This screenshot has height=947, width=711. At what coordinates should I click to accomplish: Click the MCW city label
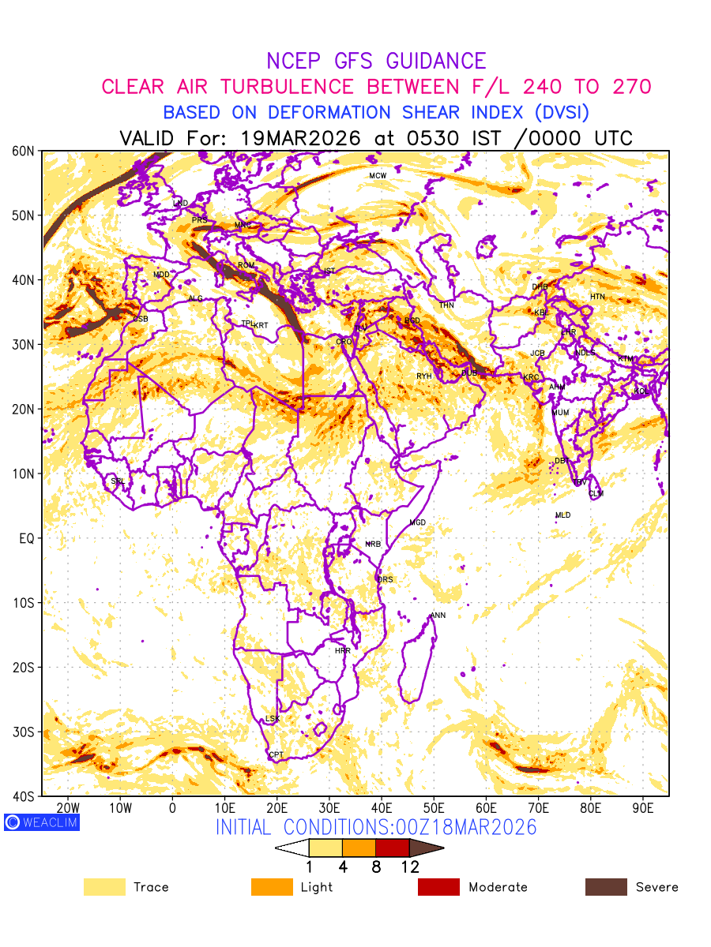click(378, 175)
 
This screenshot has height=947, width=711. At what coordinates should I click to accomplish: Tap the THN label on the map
click(447, 305)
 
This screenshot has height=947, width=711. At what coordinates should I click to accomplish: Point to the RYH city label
click(424, 376)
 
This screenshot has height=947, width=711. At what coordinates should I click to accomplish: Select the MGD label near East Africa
click(417, 523)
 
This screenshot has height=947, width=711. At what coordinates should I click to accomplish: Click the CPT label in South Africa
click(276, 755)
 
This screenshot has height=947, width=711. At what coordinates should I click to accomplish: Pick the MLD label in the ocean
click(562, 515)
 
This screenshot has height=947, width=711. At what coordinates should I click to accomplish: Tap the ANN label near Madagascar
click(438, 616)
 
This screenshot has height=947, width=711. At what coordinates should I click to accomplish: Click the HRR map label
click(343, 651)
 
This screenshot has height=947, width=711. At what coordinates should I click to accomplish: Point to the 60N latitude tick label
click(23, 151)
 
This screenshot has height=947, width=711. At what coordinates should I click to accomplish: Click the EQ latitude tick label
click(26, 538)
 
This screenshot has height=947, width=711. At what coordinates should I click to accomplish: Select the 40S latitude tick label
click(23, 796)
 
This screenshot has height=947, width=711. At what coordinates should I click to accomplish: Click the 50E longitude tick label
click(434, 808)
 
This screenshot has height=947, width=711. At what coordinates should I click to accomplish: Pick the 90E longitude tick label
click(643, 808)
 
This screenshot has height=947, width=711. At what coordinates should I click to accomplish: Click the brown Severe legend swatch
click(606, 887)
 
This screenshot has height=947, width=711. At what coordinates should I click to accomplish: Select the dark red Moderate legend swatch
click(438, 887)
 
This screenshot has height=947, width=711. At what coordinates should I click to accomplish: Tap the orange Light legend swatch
click(272, 887)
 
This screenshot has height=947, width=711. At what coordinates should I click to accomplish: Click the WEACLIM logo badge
click(41, 822)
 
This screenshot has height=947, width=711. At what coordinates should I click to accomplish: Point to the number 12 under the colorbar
click(409, 867)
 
